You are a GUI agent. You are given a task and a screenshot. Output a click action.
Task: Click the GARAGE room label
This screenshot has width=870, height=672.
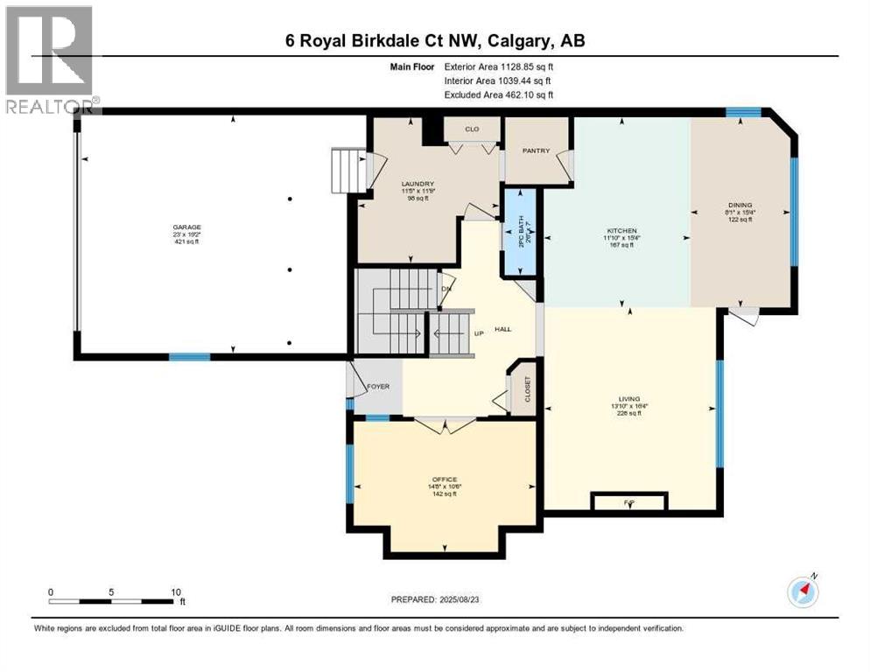pyautogui.click(x=186, y=227)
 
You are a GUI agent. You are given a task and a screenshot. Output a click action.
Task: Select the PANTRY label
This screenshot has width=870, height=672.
pyautogui.click(x=536, y=150)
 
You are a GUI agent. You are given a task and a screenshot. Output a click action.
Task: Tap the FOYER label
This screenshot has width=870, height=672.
pyautogui.click(x=378, y=386)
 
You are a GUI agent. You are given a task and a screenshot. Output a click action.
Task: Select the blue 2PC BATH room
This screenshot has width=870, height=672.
pyautogui.click(x=521, y=232)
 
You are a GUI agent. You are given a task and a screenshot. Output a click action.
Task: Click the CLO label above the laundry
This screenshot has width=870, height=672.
pyautogui.click(x=472, y=129)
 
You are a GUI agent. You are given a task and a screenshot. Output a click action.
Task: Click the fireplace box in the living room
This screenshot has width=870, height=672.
pyautogui.click(x=629, y=501)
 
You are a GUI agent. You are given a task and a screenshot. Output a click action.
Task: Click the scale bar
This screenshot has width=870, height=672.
pyautogui.click(x=110, y=601)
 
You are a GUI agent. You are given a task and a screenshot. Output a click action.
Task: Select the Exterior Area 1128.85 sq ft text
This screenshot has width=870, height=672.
pyautogui.click(x=500, y=65)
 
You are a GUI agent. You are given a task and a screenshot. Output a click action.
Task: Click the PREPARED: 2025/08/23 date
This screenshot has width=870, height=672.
pyautogui.click(x=434, y=599)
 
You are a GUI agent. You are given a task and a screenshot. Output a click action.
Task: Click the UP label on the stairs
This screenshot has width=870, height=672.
pyautogui.click(x=479, y=333)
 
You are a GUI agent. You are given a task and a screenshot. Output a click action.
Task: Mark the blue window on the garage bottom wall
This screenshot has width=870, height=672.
pyautogui.click(x=190, y=356)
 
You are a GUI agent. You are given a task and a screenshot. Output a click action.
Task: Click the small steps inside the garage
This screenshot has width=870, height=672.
pyautogui.click(x=346, y=165)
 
